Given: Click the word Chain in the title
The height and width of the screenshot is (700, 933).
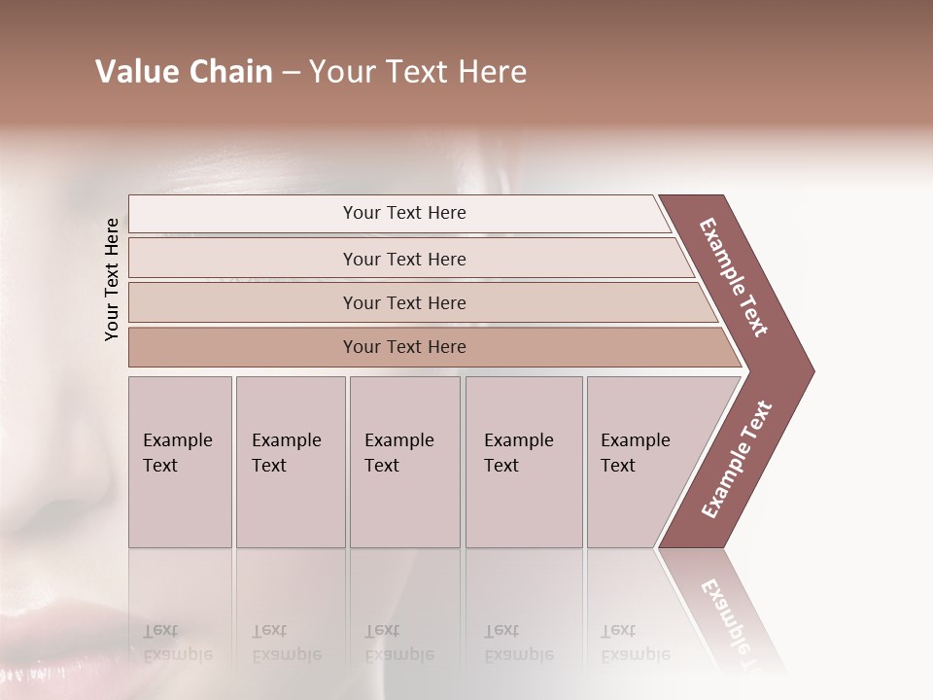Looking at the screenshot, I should (228, 72).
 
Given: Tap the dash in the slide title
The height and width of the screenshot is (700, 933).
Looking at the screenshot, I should (291, 73).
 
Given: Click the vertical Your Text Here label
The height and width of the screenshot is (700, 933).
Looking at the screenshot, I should (112, 279).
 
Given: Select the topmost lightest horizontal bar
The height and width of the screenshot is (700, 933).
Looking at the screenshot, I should (403, 213).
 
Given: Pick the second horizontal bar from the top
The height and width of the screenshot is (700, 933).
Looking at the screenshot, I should (403, 259).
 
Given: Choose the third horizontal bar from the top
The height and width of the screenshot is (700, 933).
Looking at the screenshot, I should (403, 302).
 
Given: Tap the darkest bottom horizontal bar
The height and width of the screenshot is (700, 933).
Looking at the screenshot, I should (403, 347).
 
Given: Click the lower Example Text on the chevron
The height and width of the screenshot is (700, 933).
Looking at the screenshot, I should (737, 459).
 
